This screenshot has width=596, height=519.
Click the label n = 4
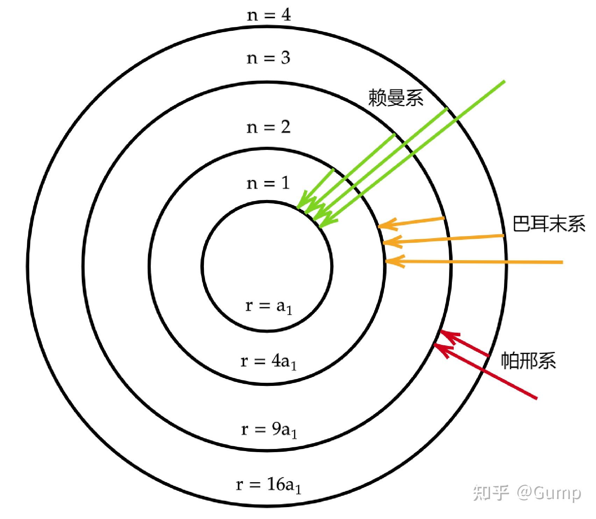point(269,15)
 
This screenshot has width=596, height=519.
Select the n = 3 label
point(269,58)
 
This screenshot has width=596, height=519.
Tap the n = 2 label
point(269,127)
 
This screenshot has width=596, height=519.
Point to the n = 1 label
point(269,183)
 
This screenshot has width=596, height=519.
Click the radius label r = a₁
point(269,306)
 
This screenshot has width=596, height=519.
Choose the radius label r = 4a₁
point(269,361)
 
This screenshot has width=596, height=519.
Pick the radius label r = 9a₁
point(269,430)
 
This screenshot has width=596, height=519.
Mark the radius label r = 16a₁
point(269,485)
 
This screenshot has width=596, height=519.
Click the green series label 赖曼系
point(396,97)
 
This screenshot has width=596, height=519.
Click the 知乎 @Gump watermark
point(527,493)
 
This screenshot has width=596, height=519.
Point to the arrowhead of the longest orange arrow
point(386,261)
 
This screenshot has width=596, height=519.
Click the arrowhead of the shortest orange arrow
point(379,227)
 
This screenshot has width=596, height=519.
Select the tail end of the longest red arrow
point(536,398)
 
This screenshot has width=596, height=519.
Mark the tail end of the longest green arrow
point(504,81)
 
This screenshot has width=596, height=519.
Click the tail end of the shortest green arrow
point(333,169)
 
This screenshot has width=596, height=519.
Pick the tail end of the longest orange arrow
point(562,262)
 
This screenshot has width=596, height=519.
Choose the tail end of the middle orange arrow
point(504,236)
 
